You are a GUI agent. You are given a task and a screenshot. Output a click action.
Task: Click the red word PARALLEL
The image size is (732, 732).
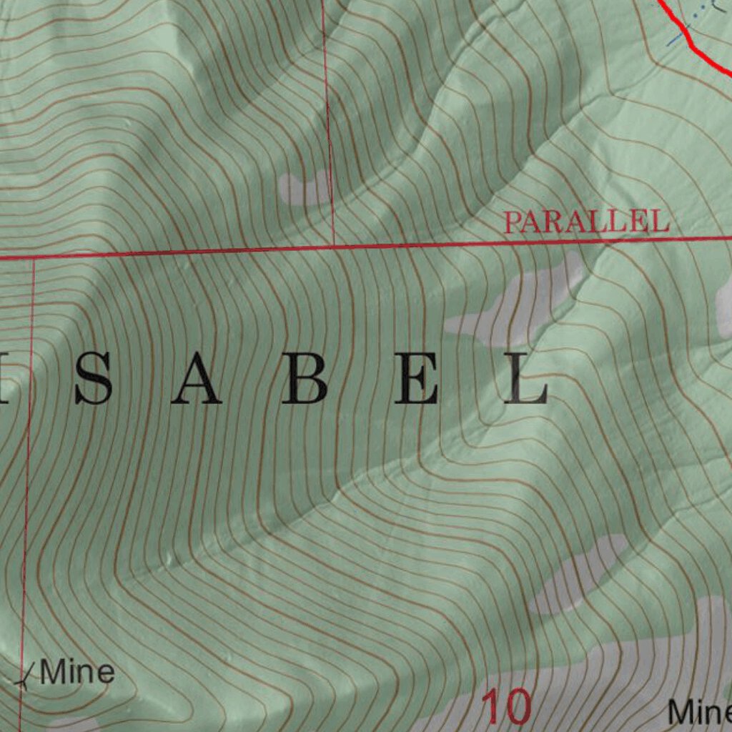pyautogui.click(x=586, y=222)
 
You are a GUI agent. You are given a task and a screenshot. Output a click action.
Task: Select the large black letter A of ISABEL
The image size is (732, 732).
pyautogui.click(x=196, y=378)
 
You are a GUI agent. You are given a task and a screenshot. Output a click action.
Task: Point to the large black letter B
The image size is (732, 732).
pyautogui.click(x=304, y=378)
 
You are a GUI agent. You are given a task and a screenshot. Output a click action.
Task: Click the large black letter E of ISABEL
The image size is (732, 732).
pyautogui.click(x=418, y=378)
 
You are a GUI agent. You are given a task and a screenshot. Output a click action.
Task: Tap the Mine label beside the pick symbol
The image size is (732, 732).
pyautogui.click(x=77, y=673)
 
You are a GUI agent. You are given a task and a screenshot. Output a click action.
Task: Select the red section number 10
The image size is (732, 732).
pyautogui.click(x=506, y=706)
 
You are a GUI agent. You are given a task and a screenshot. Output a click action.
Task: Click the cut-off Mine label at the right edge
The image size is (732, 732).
pyautogui.click(x=699, y=712)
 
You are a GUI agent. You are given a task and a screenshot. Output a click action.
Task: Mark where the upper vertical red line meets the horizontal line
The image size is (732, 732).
pyautogui.click(x=334, y=247)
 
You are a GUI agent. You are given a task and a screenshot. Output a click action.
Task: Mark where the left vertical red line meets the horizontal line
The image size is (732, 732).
pyautogui.click(x=34, y=257)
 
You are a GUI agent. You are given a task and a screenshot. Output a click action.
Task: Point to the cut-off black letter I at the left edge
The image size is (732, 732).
pyautogui.click(x=4, y=378)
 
